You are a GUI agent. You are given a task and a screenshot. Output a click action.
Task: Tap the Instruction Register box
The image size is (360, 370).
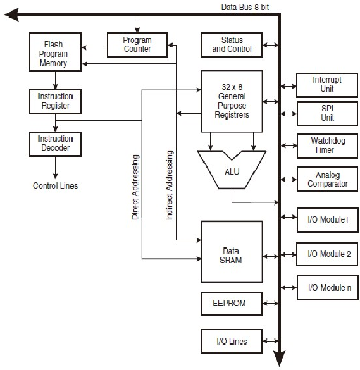[x=55, y=101]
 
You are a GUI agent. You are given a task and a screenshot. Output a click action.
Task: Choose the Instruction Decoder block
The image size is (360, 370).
[x=55, y=143]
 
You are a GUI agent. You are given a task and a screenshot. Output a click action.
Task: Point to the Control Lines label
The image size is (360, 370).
[x=56, y=186]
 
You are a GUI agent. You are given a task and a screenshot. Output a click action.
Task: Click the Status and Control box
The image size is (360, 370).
[x=232, y=45]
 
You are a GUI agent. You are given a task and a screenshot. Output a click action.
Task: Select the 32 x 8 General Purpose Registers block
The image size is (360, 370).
[x=232, y=101]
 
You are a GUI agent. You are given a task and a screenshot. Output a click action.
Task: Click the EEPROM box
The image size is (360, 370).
[x=232, y=304]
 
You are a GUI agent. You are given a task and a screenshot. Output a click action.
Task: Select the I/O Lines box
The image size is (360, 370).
[x=232, y=342]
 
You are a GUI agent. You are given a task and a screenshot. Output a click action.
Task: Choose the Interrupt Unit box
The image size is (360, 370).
[x=327, y=84]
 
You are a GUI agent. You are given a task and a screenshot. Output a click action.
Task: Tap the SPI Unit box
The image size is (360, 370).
[x=327, y=113]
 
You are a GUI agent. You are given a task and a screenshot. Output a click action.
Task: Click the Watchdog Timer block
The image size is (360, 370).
[x=327, y=145]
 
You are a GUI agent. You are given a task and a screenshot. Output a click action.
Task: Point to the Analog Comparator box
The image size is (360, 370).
[x=327, y=179]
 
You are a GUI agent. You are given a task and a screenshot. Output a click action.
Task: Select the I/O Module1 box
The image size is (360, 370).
[x=327, y=221]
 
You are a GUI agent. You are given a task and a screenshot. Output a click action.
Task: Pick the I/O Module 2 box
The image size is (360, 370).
[x=327, y=254]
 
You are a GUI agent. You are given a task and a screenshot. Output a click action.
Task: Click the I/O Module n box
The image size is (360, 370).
[x=327, y=288]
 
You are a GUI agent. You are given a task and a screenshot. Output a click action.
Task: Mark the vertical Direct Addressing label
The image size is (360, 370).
[x=135, y=187]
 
